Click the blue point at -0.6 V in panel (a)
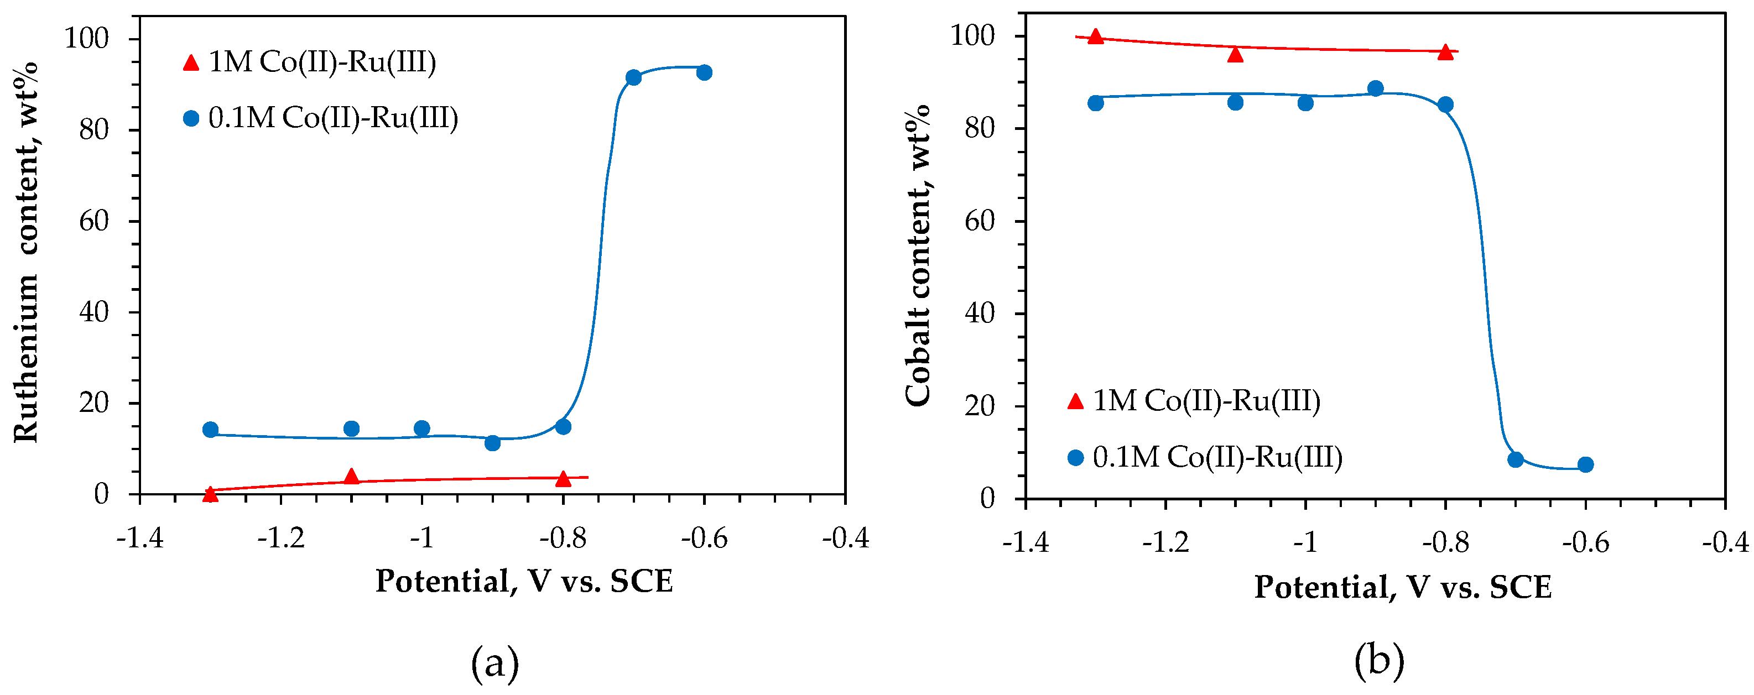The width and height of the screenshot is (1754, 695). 704,72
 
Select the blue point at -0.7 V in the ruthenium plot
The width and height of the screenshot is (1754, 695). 633,77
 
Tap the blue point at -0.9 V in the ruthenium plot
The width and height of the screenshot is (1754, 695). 492,443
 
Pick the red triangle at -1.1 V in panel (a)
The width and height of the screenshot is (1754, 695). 351,477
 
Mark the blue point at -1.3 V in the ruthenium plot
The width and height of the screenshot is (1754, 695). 210,430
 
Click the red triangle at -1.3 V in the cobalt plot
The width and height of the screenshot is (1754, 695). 1096,36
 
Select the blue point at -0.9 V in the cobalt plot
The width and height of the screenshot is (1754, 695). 1376,88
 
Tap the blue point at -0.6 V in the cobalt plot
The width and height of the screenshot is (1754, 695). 1585,464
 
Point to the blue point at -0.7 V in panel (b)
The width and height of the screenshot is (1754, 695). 1515,459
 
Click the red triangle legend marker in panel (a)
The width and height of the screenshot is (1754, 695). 191,62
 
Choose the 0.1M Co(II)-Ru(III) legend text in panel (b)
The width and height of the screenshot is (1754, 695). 1217,457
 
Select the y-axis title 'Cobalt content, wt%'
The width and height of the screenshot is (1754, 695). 918,255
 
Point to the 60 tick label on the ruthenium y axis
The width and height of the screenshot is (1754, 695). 94,221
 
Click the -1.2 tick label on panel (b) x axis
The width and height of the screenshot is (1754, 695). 1165,542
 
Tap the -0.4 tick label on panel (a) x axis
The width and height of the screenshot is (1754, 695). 845,538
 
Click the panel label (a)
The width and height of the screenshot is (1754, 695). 495,663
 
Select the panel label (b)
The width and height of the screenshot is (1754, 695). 1380,660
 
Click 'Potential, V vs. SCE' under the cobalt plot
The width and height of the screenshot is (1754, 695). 1403,587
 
